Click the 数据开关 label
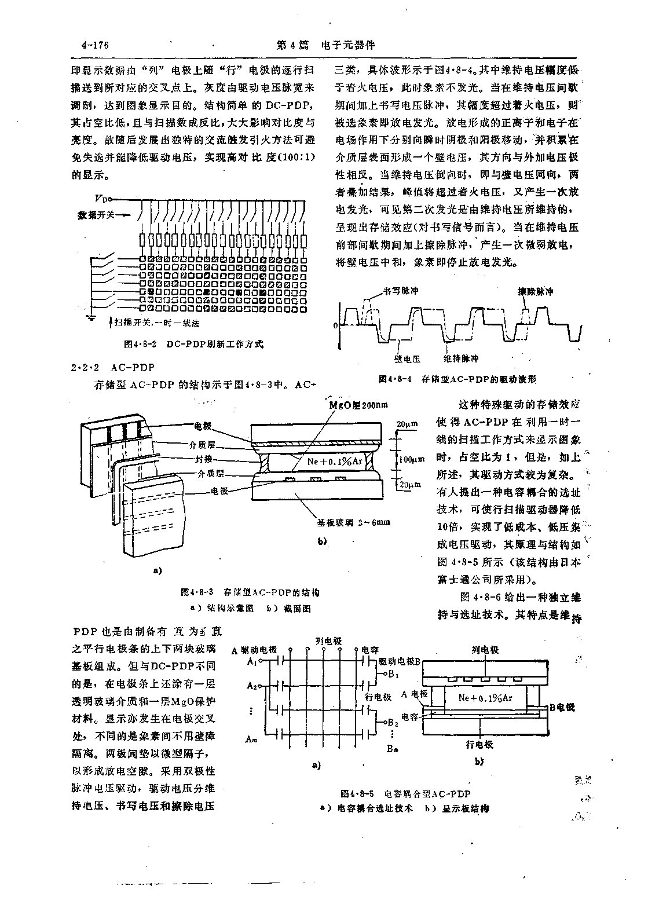click(97, 215)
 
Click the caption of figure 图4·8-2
click(193, 344)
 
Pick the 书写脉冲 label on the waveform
click(400, 291)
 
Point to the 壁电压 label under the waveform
click(407, 359)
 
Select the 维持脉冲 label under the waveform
click(462, 359)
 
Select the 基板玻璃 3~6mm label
click(353, 522)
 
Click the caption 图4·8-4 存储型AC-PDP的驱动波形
click(457, 379)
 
